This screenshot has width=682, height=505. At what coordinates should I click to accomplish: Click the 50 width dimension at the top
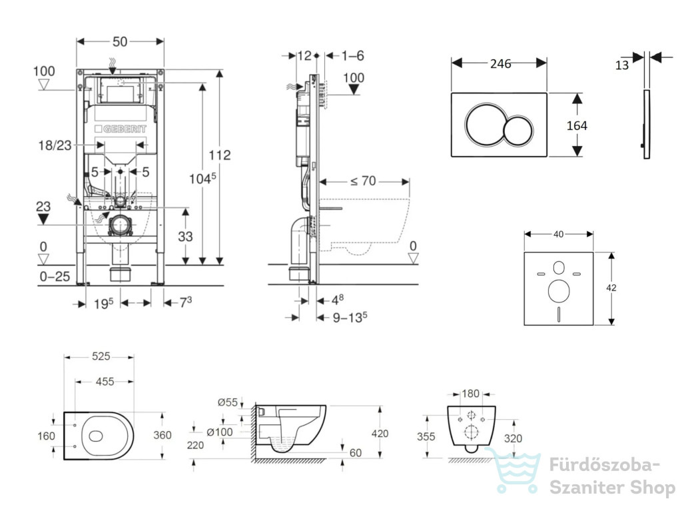point(120,42)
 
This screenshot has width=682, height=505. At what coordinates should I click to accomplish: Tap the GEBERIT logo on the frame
point(121,129)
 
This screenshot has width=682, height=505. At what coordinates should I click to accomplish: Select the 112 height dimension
point(220,155)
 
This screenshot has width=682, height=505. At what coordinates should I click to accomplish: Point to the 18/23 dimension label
point(55,145)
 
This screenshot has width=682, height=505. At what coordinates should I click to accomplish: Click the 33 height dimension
point(185,237)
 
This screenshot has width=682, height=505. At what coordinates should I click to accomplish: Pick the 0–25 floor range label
point(55,276)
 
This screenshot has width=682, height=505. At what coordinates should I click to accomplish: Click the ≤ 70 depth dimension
point(363,181)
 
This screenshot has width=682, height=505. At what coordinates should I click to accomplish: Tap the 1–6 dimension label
point(352,56)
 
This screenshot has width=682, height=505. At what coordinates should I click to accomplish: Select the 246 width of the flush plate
point(500,64)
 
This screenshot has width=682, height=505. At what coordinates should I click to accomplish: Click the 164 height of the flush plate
point(577,126)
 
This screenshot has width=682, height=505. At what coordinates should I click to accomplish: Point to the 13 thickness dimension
point(622,65)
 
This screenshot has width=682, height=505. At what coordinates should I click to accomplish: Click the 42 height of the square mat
point(611,288)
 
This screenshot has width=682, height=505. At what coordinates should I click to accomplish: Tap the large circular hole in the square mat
point(559,291)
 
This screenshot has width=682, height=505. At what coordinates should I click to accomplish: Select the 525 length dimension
point(101,356)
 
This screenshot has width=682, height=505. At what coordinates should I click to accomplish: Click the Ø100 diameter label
point(220,432)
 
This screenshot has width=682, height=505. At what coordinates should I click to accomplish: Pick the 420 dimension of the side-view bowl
point(380,433)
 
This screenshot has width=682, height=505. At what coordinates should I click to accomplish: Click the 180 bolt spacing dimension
point(470,394)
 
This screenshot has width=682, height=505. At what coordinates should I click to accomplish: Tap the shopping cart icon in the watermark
point(513,470)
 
